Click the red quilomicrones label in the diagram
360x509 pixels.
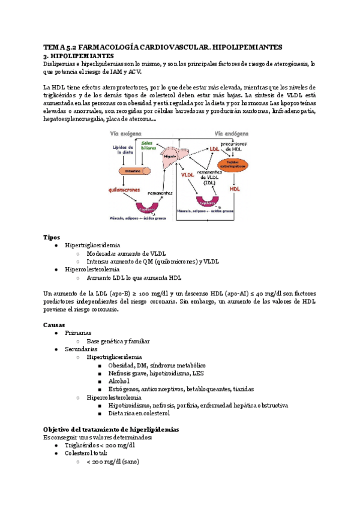[x=125, y=189]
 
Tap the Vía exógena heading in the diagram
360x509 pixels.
[x=126, y=134]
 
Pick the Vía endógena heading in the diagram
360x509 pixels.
[x=232, y=134]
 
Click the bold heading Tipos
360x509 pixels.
[x=52, y=237]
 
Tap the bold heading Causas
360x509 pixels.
[x=55, y=324]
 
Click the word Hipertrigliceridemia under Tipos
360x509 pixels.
[x=92, y=245]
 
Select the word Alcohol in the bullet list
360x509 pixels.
[x=119, y=381]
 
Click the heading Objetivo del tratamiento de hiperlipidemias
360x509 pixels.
[x=111, y=430]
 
